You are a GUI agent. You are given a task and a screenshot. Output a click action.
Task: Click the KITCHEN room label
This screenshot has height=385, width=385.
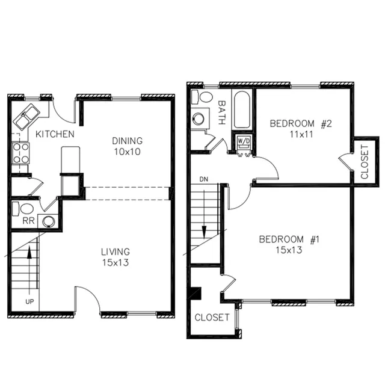point(55,134)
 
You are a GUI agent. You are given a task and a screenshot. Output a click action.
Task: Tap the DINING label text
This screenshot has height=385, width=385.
point(127,141)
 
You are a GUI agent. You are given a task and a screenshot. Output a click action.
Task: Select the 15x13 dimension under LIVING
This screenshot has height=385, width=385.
point(115,263)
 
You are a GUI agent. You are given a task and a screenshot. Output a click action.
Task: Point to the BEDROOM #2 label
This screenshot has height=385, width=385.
point(301,123)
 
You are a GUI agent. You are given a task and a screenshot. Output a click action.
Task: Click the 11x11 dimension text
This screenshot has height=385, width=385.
point(301,135)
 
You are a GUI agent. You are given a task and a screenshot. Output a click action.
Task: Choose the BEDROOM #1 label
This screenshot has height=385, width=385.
point(289,239)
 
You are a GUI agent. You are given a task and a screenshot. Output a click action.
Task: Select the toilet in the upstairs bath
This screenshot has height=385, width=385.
point(202,97)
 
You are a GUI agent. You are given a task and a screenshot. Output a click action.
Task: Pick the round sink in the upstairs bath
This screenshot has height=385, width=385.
point(198,119)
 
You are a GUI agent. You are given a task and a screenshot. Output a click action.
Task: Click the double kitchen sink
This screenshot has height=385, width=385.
point(26,117)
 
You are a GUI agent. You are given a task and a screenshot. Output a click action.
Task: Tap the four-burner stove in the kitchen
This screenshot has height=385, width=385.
point(20,153)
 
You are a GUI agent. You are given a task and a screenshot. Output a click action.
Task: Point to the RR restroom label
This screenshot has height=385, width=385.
point(28,221)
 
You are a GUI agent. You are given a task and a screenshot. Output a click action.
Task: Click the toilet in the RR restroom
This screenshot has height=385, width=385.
point(23,209)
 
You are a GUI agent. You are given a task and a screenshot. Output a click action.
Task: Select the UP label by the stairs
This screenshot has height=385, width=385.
point(29,301)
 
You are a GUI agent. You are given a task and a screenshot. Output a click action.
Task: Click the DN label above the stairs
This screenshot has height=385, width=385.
point(204,179)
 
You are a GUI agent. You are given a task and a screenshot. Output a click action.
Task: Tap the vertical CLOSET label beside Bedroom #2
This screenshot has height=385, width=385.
point(365,162)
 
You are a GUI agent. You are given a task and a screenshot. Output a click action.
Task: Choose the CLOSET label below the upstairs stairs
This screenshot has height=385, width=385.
point(212,318)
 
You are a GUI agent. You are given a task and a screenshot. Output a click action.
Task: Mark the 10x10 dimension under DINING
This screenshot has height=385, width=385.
point(127,152)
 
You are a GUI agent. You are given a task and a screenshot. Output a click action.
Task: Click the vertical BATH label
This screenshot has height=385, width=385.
point(222,112)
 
